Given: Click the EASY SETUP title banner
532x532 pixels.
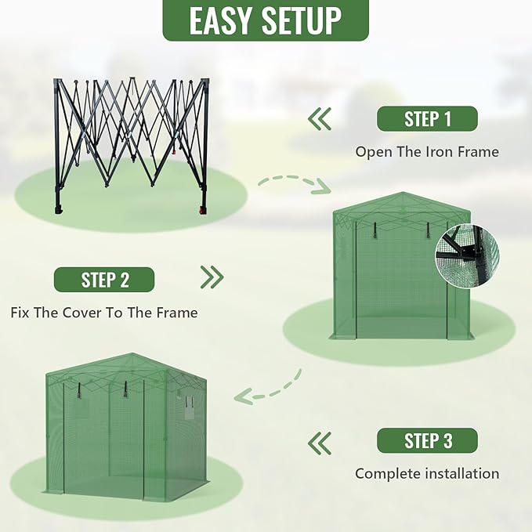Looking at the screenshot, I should coord(265,20).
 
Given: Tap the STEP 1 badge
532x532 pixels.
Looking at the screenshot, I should coord(427,119).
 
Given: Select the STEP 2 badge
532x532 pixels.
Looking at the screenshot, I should coord(104,280).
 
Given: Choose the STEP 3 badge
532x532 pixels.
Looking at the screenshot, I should coord(427,440).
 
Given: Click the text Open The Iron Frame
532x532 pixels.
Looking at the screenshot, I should coord(427,152).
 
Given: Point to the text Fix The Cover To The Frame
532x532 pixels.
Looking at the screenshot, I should coord(104,313).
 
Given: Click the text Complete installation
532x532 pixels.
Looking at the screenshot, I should coord(427,473).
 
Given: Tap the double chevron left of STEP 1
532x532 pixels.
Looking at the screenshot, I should coord(319,119).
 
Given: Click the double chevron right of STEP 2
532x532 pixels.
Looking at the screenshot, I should coord(212,277).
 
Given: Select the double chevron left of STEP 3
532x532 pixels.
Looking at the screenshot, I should coord(319,443).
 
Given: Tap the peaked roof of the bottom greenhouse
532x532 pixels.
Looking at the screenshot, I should coord(125,365).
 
